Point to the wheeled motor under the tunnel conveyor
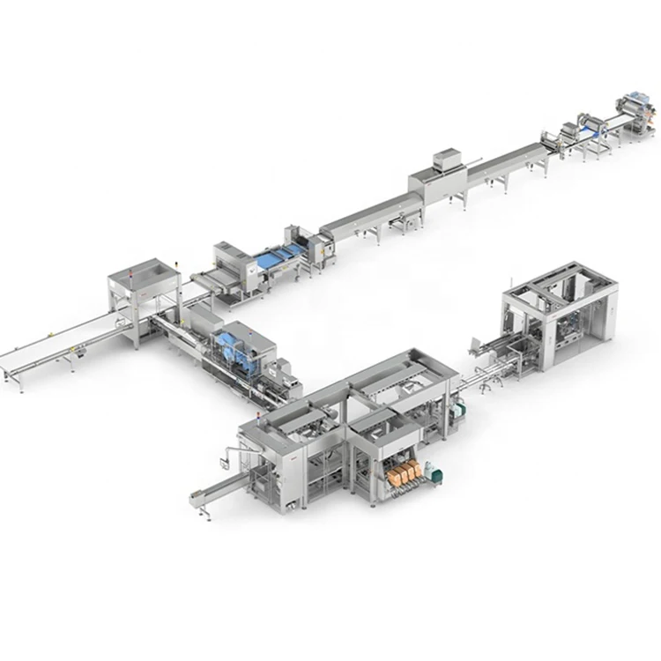(407, 227)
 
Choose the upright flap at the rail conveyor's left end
(475, 343)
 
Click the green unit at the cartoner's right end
(457, 411)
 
